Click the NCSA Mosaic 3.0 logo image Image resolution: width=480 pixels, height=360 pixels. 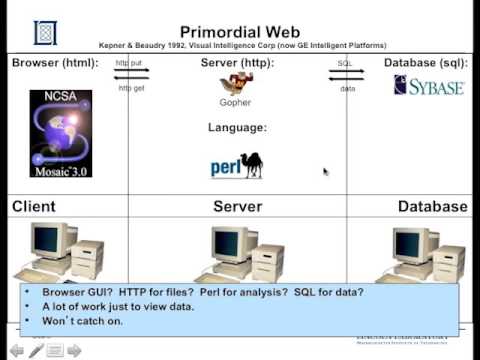pyautogui.click(x=60, y=134)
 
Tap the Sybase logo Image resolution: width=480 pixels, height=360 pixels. pyautogui.click(x=429, y=85)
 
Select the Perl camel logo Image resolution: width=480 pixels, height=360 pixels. pyautogui.click(x=237, y=166)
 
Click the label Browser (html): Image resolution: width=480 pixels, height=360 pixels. pyautogui.click(x=55, y=64)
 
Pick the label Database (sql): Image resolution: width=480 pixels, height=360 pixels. pyautogui.click(x=425, y=64)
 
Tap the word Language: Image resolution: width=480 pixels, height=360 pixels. pyautogui.click(x=237, y=128)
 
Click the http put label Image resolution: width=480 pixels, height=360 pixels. pyautogui.click(x=130, y=63)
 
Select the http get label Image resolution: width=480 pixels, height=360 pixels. pyautogui.click(x=131, y=88)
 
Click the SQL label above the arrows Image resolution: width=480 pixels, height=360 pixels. pyautogui.click(x=344, y=63)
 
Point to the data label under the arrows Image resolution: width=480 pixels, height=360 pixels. pyautogui.click(x=347, y=88)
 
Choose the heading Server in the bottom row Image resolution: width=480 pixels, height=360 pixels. pyautogui.click(x=237, y=207)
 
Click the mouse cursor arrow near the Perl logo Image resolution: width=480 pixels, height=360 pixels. pyautogui.click(x=325, y=171)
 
